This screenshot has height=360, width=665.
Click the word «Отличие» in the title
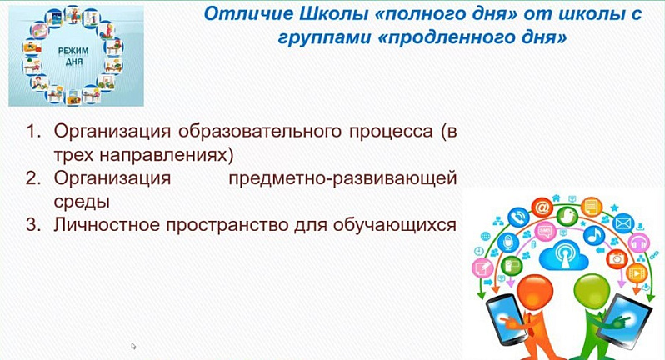coord(248,13)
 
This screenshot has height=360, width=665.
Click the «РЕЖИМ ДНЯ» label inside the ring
coord(73,56)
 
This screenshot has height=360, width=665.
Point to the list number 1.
coord(33,131)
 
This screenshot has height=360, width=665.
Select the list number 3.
coord(33,224)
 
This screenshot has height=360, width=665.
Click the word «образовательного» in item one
coord(259,132)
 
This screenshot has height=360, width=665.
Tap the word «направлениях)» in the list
coord(167,155)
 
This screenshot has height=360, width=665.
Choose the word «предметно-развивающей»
coord(342,178)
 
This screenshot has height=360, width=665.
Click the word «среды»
coord(82,202)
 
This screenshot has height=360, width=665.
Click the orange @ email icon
coord(542,207)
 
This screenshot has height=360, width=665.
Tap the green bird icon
coord(567,217)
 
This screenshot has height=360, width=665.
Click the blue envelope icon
coord(623,223)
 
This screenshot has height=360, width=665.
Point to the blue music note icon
coord(594,235)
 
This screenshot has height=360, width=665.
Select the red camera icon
coord(616,257)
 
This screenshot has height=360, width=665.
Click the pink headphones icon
coord(638,243)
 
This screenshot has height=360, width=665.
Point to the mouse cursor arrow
coord(133,346)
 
